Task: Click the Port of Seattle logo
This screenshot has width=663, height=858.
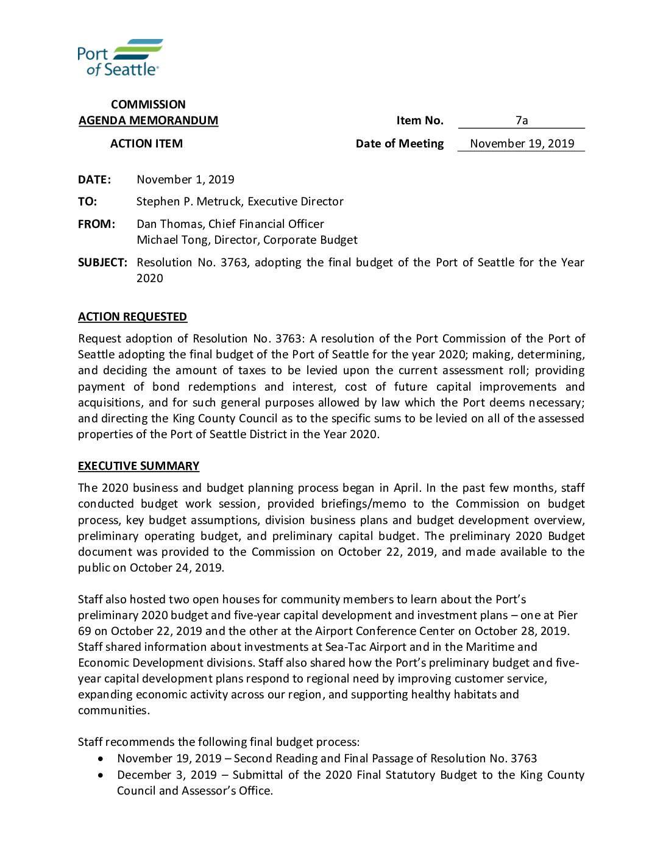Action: pyautogui.click(x=119, y=58)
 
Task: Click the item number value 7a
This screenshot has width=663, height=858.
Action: pyautogui.click(x=522, y=120)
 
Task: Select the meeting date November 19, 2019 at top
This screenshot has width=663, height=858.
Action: pyautogui.click(x=522, y=144)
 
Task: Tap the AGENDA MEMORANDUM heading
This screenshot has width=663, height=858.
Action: pyautogui.click(x=148, y=121)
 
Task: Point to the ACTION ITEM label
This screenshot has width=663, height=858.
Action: pyautogui.click(x=146, y=144)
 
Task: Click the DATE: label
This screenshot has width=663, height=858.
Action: pyautogui.click(x=94, y=180)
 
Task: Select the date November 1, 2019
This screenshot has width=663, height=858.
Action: pyautogui.click(x=185, y=180)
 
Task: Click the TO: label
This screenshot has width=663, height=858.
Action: pyautogui.click(x=87, y=202)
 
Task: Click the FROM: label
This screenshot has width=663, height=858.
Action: pyautogui.click(x=96, y=224)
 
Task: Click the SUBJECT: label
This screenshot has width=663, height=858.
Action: pyautogui.click(x=102, y=263)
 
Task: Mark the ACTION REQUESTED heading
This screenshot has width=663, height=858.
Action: pyautogui.click(x=132, y=317)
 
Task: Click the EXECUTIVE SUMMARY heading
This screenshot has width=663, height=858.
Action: pyautogui.click(x=138, y=466)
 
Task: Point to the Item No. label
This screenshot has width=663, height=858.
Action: pyautogui.click(x=420, y=121)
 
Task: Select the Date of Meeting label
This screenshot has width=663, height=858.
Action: pyautogui.click(x=400, y=144)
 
